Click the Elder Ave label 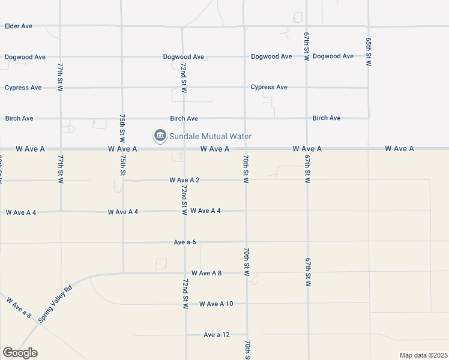(x=18, y=26)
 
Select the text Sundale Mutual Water (x=210, y=137)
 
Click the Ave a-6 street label (x=185, y=242)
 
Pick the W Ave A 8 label (x=203, y=273)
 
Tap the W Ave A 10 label (x=216, y=304)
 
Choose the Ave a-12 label (x=217, y=335)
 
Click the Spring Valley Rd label (x=55, y=304)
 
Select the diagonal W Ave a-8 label (x=19, y=307)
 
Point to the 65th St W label (x=369, y=52)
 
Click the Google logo (x=20, y=353)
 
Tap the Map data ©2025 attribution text (x=423, y=355)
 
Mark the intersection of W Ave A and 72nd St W (x=183, y=148)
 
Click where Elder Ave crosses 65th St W (x=368, y=26)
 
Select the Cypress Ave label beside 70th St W (x=269, y=87)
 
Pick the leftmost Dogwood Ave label (x=25, y=57)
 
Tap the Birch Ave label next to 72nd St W (x=184, y=119)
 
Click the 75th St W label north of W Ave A (x=122, y=127)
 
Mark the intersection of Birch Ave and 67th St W (x=307, y=118)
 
